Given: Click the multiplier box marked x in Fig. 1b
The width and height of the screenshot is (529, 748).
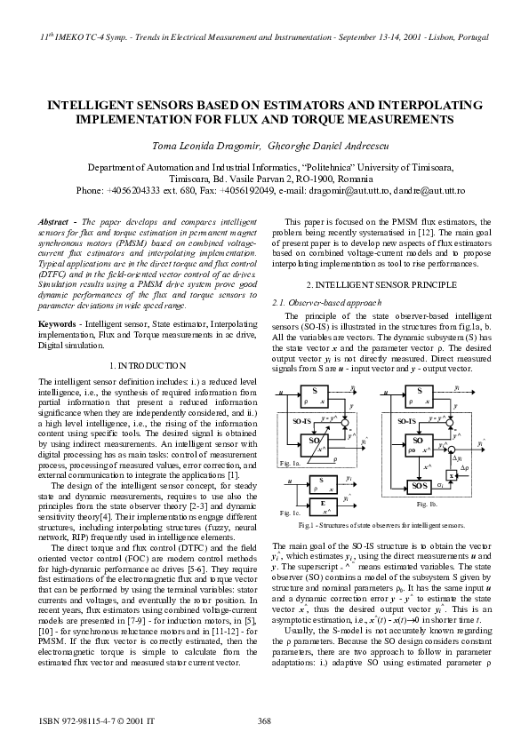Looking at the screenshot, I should [453, 476].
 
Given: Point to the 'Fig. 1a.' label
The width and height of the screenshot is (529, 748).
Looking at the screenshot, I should [290, 465].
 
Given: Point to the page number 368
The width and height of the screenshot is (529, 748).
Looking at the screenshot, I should [264, 720].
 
